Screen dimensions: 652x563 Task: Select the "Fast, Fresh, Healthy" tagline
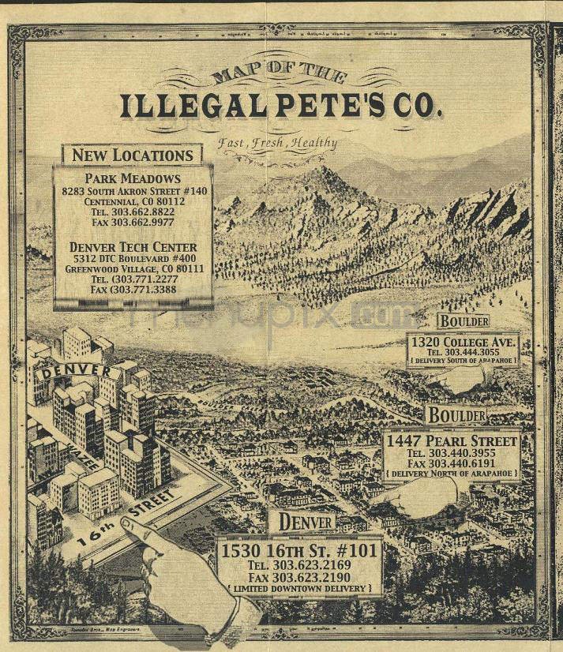278,144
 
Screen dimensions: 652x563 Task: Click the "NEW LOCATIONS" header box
132,156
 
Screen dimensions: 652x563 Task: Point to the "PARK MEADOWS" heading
133,178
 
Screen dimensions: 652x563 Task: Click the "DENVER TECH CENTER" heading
133,247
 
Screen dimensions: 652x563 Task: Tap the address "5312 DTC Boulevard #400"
133,258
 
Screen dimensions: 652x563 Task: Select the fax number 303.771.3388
133,290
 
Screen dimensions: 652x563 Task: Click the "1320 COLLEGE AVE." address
464,342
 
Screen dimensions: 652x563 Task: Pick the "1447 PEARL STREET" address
451,440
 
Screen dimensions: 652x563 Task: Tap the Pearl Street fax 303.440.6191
451,463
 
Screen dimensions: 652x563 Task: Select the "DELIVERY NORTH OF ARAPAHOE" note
451,474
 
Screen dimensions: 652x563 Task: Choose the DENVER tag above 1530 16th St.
302,522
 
